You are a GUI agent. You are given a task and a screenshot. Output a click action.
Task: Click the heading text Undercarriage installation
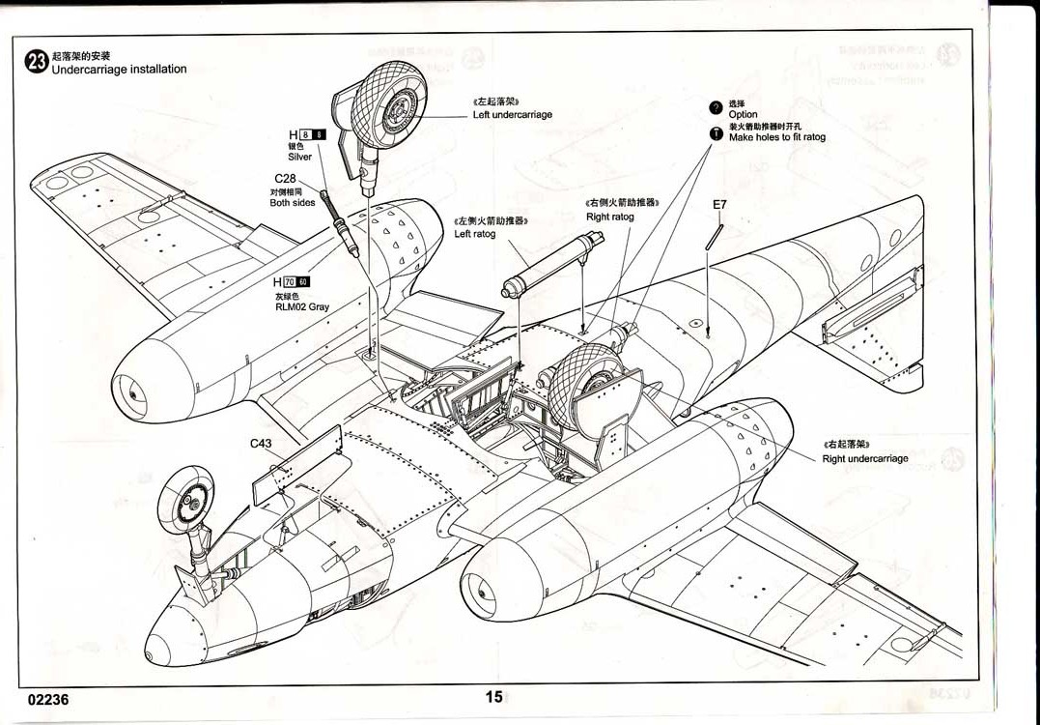click(119, 70)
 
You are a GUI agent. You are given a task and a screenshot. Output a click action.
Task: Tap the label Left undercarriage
click(512, 115)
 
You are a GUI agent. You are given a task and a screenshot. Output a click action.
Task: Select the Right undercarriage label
click(864, 458)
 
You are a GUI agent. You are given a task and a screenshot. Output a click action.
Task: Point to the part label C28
click(284, 179)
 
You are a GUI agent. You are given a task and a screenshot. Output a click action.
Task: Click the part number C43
click(261, 444)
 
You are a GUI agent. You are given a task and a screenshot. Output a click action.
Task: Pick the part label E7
click(719, 205)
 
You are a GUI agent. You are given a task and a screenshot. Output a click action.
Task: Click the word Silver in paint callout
click(299, 157)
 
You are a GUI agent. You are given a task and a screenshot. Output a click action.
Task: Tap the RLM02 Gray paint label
click(301, 306)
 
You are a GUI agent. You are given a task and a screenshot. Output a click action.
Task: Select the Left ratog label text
click(475, 234)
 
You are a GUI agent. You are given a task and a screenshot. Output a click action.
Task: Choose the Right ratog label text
click(609, 217)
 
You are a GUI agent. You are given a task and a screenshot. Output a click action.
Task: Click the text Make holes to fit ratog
click(776, 137)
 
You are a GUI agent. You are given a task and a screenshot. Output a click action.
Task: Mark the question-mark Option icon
click(716, 107)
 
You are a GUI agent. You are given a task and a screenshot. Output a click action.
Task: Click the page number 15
click(493, 697)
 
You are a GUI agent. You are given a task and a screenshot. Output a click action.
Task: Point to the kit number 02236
click(48, 699)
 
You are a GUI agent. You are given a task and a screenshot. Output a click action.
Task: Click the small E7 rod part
click(714, 237)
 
